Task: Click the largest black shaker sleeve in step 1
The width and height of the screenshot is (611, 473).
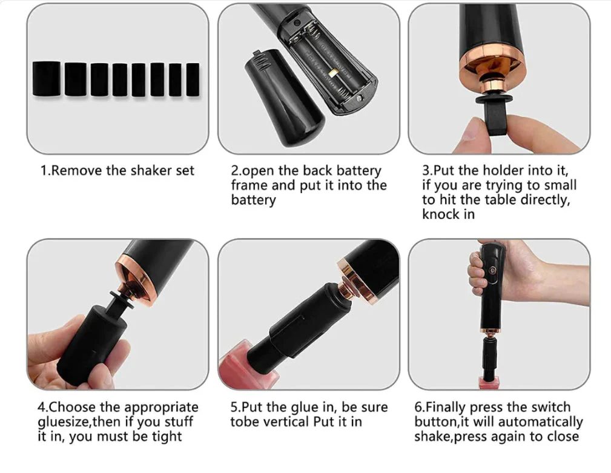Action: tap(47, 78)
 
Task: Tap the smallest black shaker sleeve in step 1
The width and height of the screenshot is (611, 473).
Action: tap(193, 79)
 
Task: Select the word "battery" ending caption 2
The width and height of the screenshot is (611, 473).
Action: tap(253, 200)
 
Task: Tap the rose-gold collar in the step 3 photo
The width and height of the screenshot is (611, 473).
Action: tap(491, 70)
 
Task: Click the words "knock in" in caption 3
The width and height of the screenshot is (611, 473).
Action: tap(449, 214)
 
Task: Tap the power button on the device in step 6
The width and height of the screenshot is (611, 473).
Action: tap(492, 269)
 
